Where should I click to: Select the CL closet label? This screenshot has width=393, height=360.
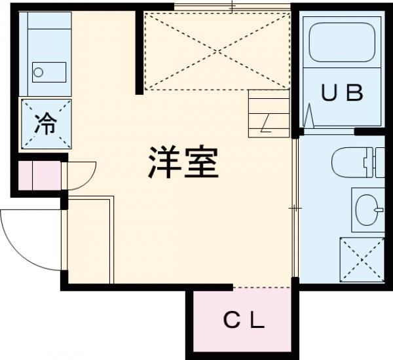click(244, 321)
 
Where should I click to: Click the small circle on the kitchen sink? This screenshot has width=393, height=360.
click(38, 71)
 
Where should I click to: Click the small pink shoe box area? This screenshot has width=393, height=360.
click(39, 176)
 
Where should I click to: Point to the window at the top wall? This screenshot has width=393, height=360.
click(233, 7)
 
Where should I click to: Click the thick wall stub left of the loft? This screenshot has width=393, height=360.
click(139, 52)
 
